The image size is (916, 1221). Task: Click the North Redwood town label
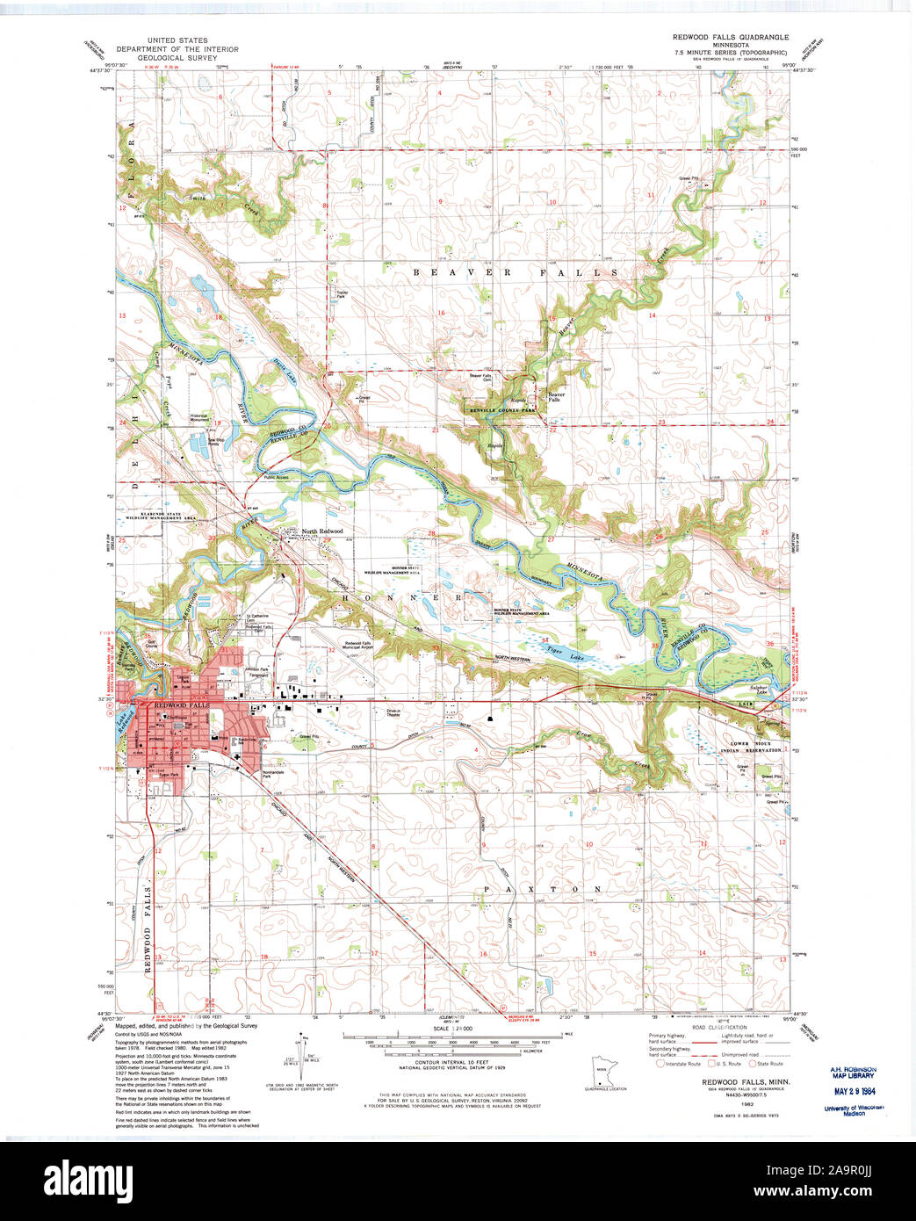pos(321,531)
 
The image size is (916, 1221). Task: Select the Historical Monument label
pos(199,418)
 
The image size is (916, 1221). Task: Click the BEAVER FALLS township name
pos(516,273)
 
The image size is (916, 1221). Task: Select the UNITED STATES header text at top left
pos(177,40)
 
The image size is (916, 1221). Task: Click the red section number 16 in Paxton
pos(482,954)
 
